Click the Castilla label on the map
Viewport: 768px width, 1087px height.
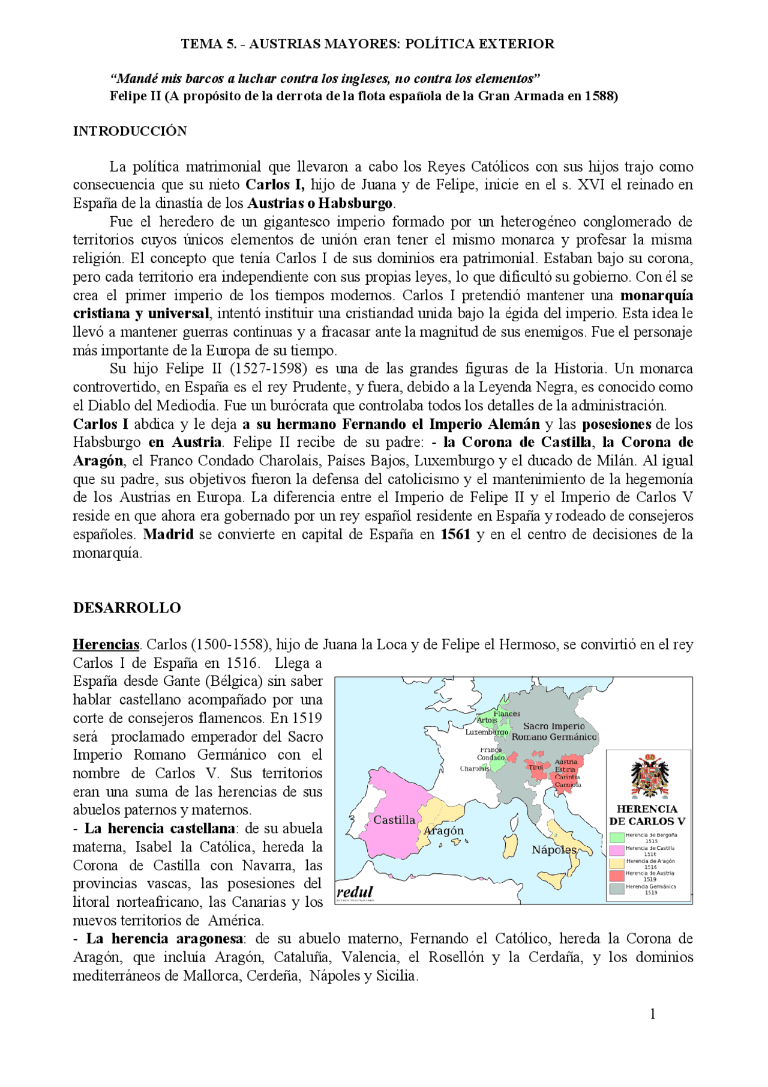(394, 820)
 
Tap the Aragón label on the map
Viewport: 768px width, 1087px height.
(443, 831)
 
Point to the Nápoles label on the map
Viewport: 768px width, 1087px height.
(554, 850)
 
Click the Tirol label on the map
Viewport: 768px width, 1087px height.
(535, 767)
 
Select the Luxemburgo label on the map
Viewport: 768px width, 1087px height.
(487, 732)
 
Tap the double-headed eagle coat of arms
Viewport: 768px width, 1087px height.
(649, 776)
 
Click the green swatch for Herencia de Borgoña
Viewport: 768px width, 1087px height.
(617, 838)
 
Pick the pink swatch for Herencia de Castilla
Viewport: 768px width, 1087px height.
(617, 851)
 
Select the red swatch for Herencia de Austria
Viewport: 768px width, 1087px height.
(617, 876)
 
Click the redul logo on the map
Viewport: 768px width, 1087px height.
(355, 892)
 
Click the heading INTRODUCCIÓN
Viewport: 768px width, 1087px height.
(130, 132)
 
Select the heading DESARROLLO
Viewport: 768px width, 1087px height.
(127, 608)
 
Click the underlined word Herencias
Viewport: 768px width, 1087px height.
(106, 645)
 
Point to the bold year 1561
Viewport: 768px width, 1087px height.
(455, 534)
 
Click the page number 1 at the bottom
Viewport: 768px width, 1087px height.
(653, 1014)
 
